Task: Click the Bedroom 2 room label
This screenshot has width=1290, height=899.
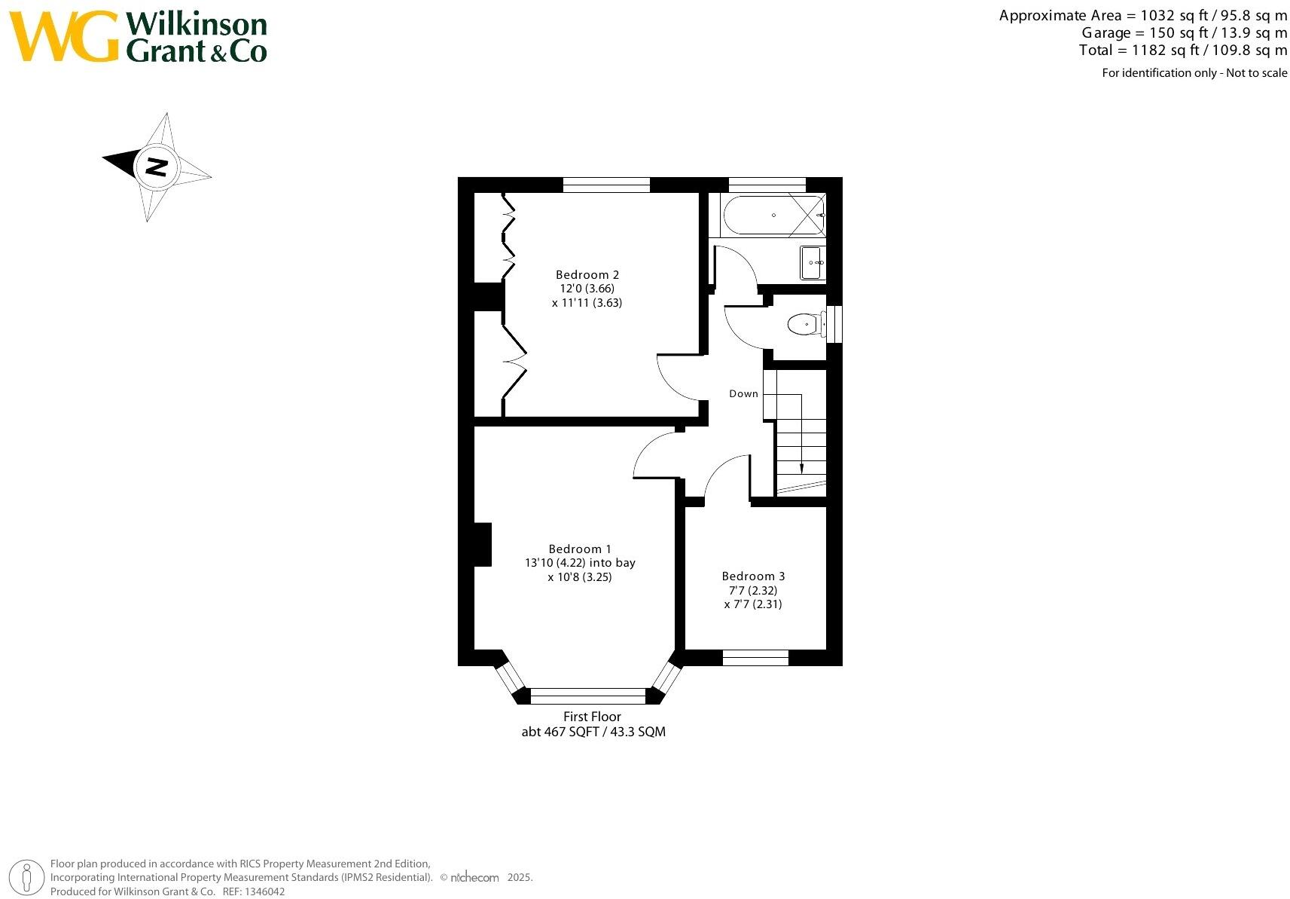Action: pyautogui.click(x=587, y=275)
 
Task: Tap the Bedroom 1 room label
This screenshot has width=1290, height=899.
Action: pyautogui.click(x=580, y=549)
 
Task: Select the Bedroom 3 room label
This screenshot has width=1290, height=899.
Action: pyautogui.click(x=753, y=576)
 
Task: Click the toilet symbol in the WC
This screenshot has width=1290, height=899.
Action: pyautogui.click(x=804, y=325)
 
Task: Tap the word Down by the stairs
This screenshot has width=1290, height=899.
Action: pyautogui.click(x=743, y=393)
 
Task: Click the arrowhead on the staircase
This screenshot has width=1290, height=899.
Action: pyautogui.click(x=801, y=468)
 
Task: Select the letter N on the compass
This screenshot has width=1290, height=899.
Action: pyautogui.click(x=156, y=167)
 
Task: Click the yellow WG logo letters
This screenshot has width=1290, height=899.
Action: pyautogui.click(x=64, y=36)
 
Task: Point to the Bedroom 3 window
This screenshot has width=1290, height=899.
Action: pyautogui.click(x=755, y=658)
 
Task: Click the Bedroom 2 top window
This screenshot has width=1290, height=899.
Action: pyautogui.click(x=606, y=185)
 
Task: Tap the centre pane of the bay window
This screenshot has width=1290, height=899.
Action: pyautogui.click(x=588, y=696)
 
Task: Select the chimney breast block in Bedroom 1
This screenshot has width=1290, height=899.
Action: pyautogui.click(x=483, y=544)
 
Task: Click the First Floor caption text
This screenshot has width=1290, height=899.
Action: pyautogui.click(x=592, y=717)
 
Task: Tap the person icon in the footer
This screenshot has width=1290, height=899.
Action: pyautogui.click(x=27, y=877)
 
